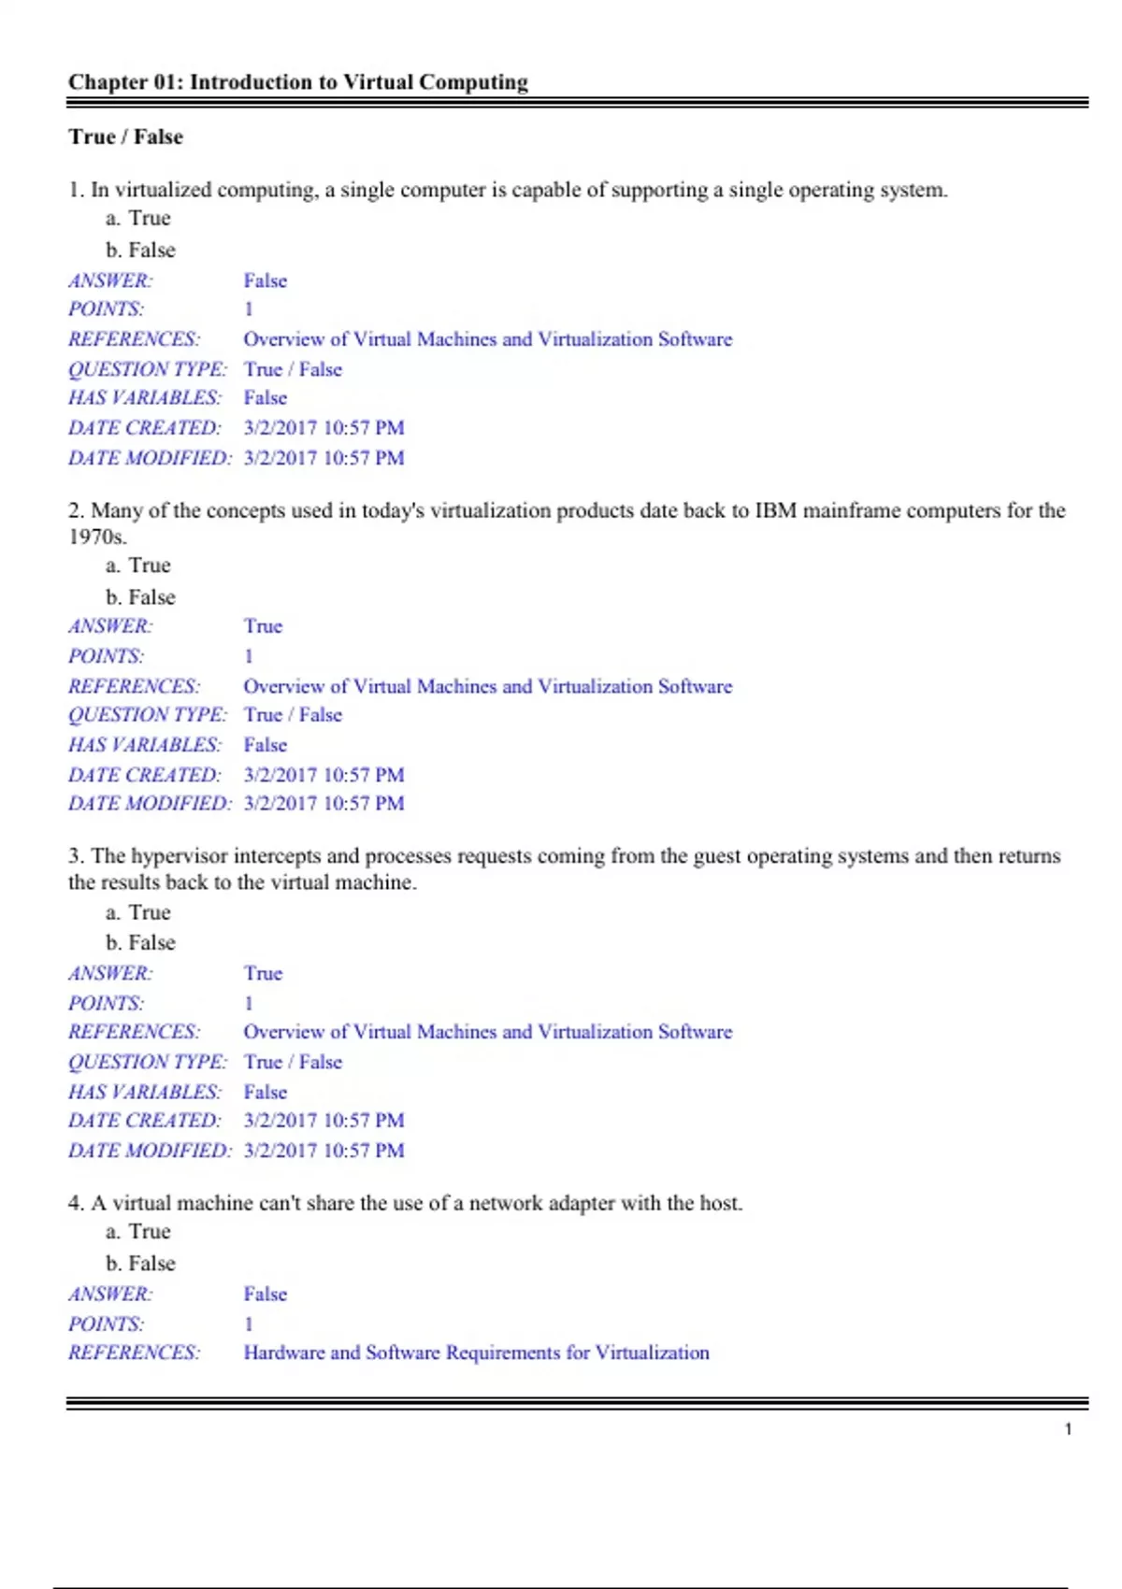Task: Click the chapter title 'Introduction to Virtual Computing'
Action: tap(358, 82)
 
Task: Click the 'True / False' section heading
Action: tap(125, 136)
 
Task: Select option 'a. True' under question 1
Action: tap(138, 219)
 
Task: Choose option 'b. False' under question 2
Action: tap(140, 597)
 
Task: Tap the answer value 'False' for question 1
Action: tap(265, 280)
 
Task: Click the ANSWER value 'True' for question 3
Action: tap(263, 973)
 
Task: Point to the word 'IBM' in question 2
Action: tap(775, 510)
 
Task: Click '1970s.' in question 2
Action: tap(97, 537)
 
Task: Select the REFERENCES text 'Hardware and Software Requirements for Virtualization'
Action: tap(476, 1353)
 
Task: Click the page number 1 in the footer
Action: tap(1068, 1429)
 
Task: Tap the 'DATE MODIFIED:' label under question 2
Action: tap(150, 803)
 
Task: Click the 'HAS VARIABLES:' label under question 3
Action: tap(145, 1092)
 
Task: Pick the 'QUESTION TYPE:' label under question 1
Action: tap(148, 369)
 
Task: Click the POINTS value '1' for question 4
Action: tap(249, 1324)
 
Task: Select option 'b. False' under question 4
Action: tap(140, 1264)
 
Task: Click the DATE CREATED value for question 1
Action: tap(324, 428)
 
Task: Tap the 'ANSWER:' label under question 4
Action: tap(110, 1294)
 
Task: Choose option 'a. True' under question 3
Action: tap(138, 912)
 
